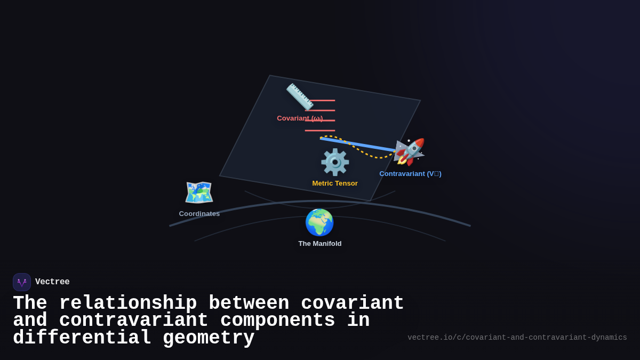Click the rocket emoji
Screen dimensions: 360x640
[x=409, y=152]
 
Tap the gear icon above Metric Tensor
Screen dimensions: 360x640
[x=335, y=162]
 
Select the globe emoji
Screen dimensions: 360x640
[x=319, y=222]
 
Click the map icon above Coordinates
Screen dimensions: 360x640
[x=199, y=193]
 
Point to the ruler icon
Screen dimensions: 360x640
[x=299, y=96]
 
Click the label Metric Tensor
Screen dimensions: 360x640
[x=335, y=183]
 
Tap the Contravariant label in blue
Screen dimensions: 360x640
[x=410, y=174]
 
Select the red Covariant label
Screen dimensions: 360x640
[x=300, y=118]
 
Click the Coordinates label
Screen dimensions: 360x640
[x=199, y=214]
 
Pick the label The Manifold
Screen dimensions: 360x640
[x=320, y=244]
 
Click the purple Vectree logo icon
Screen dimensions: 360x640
[x=22, y=282]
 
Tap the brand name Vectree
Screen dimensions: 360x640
[x=52, y=282]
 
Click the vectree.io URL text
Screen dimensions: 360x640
[x=517, y=338]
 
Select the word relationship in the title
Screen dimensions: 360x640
[x=128, y=303]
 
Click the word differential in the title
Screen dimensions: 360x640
[x=82, y=338]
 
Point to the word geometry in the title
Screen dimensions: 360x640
[x=209, y=338]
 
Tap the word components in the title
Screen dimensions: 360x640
[x=277, y=321]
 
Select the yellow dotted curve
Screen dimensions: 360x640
[x=368, y=154]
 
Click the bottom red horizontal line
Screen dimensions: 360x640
[x=320, y=131]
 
